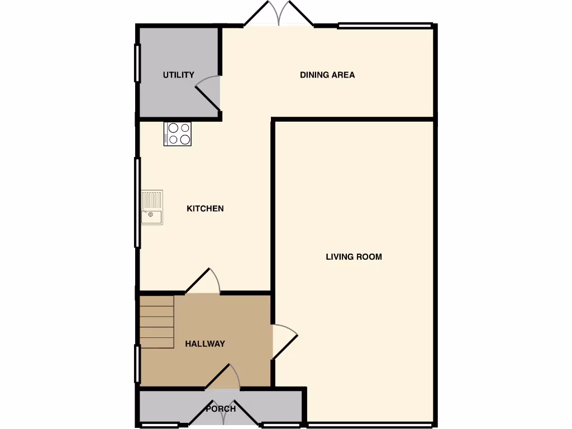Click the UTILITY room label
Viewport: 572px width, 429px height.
coord(178,75)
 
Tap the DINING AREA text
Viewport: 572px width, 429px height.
coord(327,75)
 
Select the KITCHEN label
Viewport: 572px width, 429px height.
coord(205,208)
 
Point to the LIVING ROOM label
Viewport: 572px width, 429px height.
coord(354,257)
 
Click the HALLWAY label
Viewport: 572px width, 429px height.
coord(205,344)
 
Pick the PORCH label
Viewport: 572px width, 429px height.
coord(221,409)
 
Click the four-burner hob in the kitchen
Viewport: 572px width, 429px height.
coord(177,134)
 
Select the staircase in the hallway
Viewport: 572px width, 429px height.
coord(157,322)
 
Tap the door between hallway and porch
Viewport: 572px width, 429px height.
coord(223,377)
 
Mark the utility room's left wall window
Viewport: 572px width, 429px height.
coord(137,63)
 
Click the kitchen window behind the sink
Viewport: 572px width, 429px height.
coord(137,202)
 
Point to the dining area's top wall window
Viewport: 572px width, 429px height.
coord(385,25)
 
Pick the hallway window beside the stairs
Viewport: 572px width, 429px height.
coord(137,364)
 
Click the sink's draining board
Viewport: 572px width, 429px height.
coord(151,199)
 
